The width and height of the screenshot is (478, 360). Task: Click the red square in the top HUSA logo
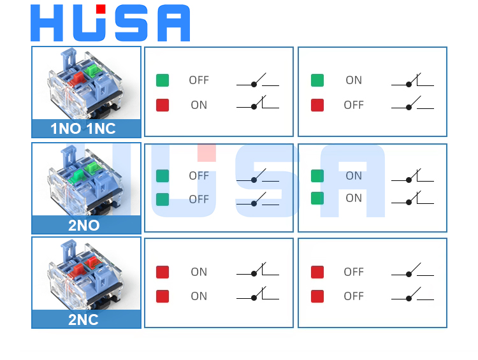tap(101, 9)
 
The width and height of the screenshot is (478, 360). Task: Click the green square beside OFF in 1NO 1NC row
tap(163, 80)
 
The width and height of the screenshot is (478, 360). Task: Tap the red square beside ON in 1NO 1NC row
tap(163, 105)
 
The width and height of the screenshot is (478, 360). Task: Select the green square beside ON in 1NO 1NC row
tap(317, 80)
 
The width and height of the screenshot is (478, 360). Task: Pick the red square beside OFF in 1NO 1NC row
tap(317, 105)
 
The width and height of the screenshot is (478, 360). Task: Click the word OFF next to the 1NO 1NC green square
tap(199, 80)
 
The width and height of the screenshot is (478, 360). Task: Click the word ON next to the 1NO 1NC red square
tap(199, 105)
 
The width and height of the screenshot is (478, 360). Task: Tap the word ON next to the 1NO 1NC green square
tap(354, 80)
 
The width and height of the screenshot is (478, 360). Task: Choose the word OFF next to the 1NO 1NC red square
tap(354, 105)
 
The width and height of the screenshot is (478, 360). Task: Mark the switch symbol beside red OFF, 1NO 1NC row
tap(412, 104)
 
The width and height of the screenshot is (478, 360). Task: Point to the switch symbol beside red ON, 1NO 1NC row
tap(257, 104)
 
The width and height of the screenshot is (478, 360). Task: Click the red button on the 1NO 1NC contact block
tap(78, 78)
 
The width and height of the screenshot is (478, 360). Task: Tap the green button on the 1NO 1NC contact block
tap(94, 68)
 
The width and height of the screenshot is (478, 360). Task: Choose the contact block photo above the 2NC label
tap(86, 274)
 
